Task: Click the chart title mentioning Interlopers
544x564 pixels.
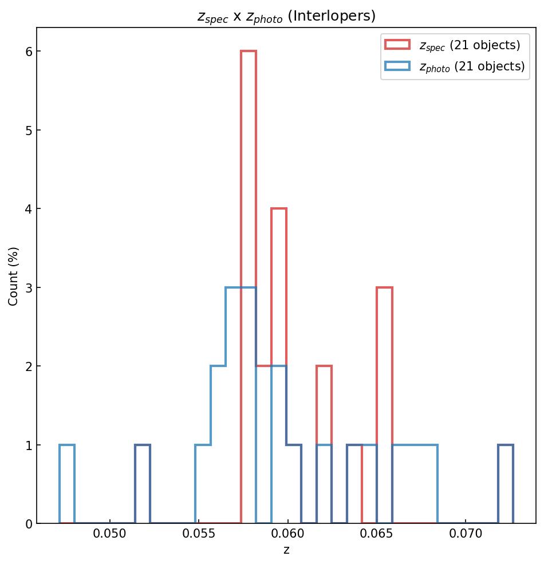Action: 286,17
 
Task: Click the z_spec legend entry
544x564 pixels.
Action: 470,45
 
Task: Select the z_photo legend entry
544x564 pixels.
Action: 472,66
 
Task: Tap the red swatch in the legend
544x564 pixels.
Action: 397,45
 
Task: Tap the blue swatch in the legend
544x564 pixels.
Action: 397,66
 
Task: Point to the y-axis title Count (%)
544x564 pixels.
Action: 14,276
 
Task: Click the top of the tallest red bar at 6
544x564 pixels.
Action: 249,52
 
